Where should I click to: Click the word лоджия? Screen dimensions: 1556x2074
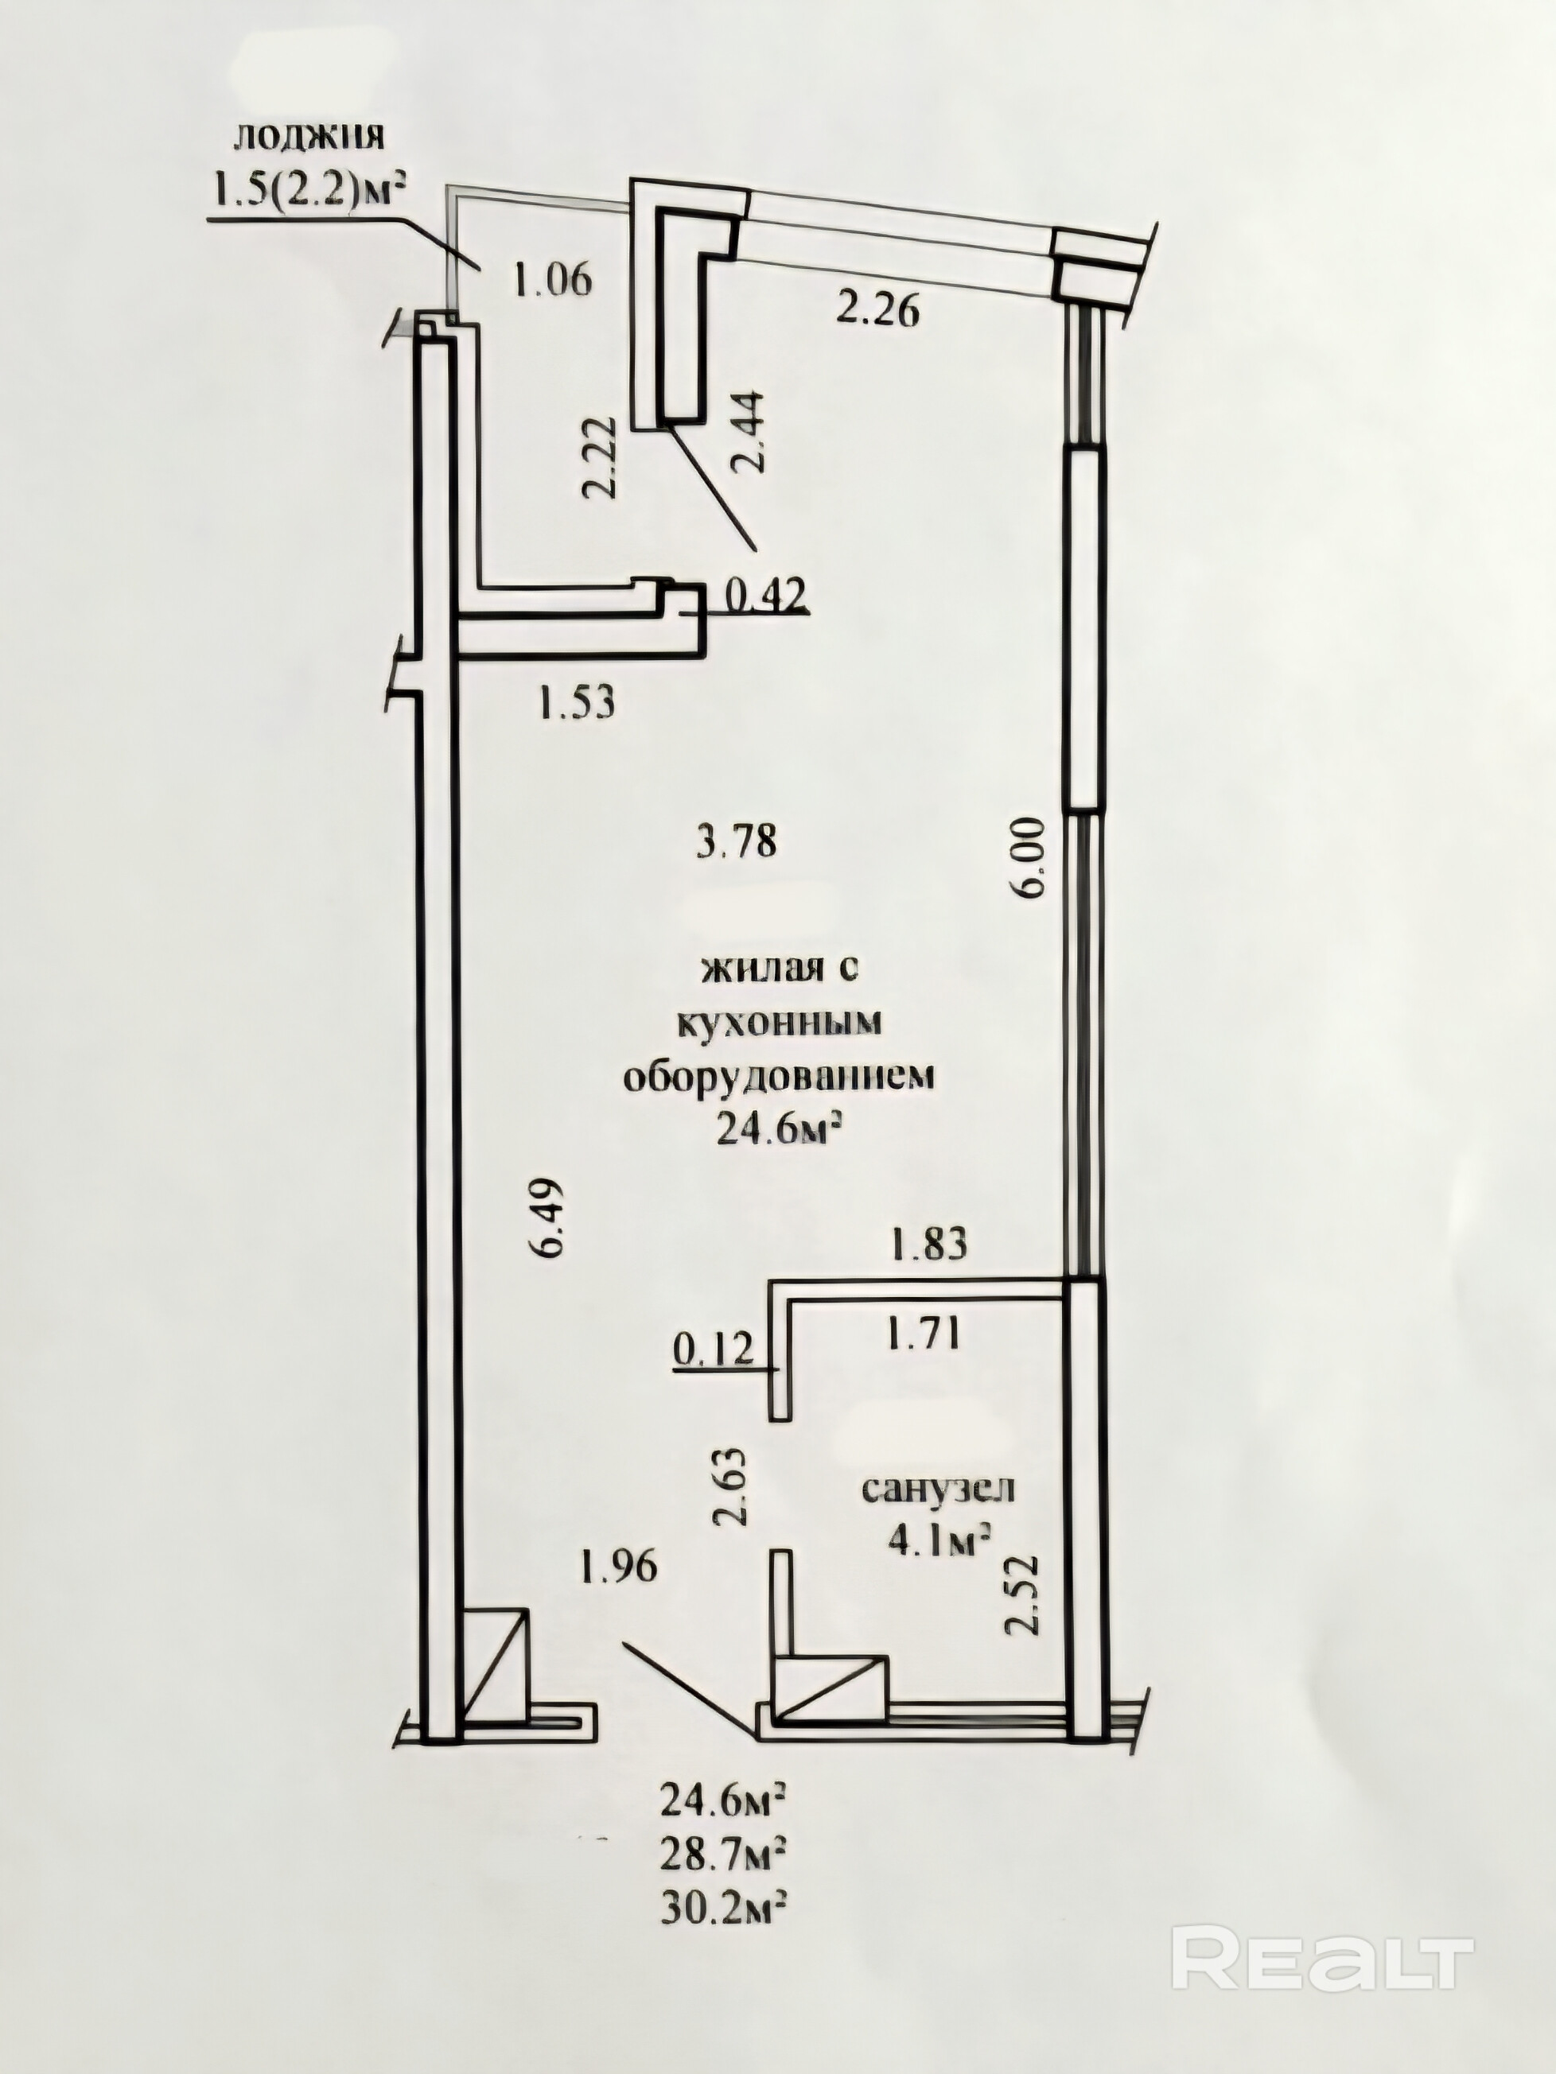tap(309, 137)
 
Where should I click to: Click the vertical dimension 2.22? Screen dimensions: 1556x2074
tap(598, 457)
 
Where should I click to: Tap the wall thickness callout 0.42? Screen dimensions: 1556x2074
tap(767, 596)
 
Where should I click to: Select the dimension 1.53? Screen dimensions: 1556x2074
tap(576, 701)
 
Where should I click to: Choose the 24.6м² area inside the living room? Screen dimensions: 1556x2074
tap(777, 1131)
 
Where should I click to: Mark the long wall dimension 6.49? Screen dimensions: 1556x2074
tap(549, 1217)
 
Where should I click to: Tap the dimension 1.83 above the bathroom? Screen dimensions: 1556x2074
tap(928, 1245)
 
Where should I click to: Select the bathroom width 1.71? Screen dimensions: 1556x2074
tap(922, 1334)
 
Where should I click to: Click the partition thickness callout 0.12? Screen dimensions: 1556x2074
tap(713, 1351)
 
